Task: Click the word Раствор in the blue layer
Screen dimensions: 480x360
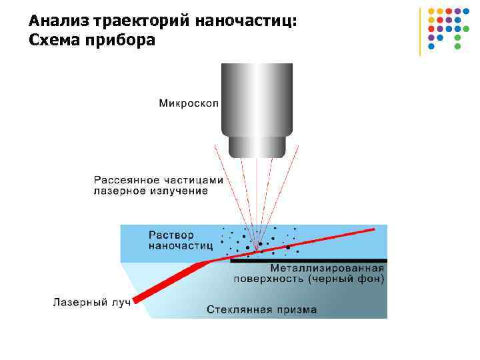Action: [x=171, y=235]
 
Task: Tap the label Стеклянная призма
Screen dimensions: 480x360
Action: [x=261, y=309]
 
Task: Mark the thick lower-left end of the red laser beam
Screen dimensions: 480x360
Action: [x=139, y=297]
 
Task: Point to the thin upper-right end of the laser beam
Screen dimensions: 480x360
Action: [x=370, y=230]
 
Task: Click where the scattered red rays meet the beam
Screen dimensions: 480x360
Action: [x=256, y=251]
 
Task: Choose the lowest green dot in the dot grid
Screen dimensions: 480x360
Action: [x=457, y=47]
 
